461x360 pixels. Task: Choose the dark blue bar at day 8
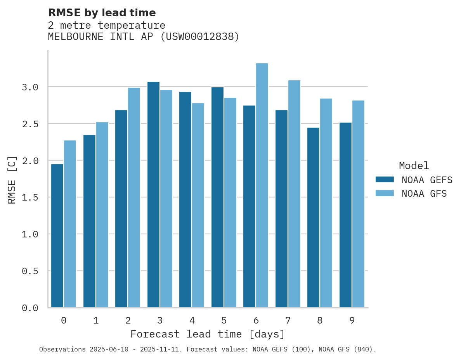pos(313,218)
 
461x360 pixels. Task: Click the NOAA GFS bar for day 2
pos(134,198)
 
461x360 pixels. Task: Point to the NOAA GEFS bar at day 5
pos(217,197)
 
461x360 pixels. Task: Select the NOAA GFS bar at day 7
pos(294,194)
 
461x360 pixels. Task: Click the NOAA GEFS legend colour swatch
pos(385,180)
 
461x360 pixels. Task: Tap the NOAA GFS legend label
pos(424,194)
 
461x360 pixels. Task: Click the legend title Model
pos(414,166)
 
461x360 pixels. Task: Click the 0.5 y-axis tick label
pos(30,271)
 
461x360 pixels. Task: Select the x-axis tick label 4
pos(192,321)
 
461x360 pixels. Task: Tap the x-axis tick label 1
pos(96,321)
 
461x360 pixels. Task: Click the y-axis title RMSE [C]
pos(12,180)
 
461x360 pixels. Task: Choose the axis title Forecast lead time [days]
pos(208,334)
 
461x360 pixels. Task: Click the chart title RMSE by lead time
pos(102,13)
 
